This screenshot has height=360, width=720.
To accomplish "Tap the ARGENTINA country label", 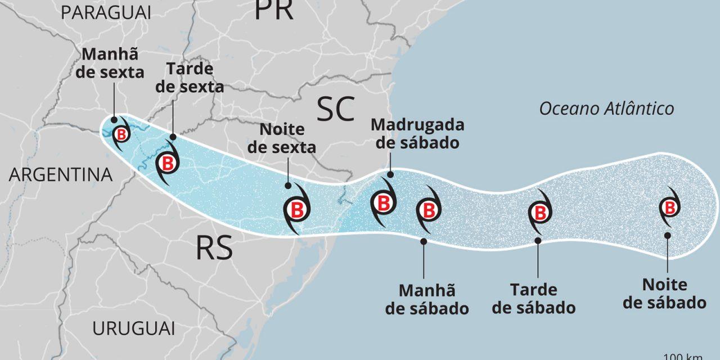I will pos(61,175).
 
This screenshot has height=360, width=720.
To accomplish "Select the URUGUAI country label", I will pos(134,328).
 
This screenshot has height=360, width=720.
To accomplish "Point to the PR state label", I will pos(274,10).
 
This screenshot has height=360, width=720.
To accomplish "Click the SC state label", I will pos(336,109).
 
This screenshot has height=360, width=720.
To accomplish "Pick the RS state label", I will pos(214,248).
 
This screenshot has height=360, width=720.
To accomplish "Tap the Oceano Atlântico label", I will pos(606,109).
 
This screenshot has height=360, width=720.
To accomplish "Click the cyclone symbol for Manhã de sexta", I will pos(121,134).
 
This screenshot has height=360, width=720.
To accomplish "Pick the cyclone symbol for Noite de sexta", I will pos(296,209).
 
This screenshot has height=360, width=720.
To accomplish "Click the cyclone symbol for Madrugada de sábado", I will pos(383,202).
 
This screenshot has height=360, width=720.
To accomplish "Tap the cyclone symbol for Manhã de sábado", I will pos(429,210).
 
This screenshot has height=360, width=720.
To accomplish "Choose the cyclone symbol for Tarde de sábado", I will pos(539,213).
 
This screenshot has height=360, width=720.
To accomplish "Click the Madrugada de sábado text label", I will pos(417,133).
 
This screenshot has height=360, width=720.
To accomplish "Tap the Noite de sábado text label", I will pos(665,294).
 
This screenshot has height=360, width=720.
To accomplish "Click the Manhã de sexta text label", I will pos(113,64).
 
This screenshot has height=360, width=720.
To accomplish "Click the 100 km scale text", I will pos(691,357).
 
